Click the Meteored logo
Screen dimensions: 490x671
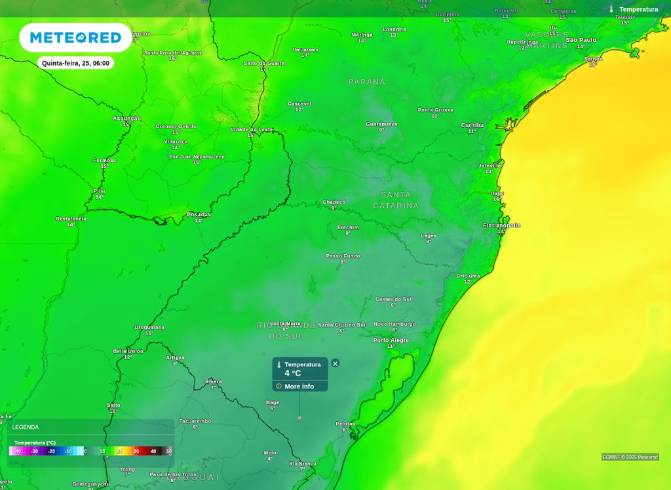pos(75,38)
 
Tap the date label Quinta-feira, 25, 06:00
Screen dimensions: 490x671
pos(76,64)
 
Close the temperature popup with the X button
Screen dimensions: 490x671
pos(335,363)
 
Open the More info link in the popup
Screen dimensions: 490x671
pos(299,386)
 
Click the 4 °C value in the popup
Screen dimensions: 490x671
pos(293,373)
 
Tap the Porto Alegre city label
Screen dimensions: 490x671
pos(391,341)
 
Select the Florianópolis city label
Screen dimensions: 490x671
pos(501,225)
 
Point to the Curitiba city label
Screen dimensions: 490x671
pos(472,125)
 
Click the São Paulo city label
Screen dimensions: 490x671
pos(581,40)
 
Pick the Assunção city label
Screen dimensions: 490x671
pos(126,119)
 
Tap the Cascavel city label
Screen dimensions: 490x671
pos(299,104)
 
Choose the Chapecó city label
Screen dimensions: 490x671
pos(334,202)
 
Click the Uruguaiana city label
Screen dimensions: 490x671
pos(149,327)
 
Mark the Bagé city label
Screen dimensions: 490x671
pos(273,402)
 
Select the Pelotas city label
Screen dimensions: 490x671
pos(345,424)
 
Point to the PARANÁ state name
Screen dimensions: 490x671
pos(367,82)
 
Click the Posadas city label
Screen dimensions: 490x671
pos(199,214)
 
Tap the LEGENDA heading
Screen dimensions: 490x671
pos(26,427)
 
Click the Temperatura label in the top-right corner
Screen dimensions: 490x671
pos(638,9)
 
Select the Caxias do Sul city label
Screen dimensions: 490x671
pos(393,299)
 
